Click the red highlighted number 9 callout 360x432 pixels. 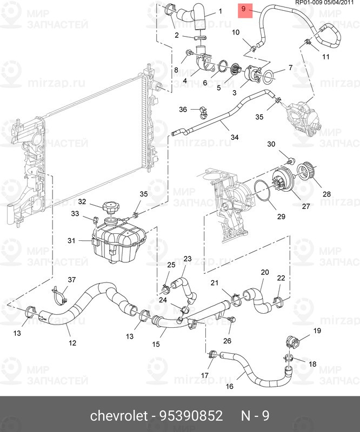tap(244, 9)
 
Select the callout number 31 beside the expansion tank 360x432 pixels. tap(71, 240)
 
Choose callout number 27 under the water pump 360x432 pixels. tap(306, 206)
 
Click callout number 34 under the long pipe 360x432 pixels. tap(234, 137)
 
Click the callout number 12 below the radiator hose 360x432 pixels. tap(72, 342)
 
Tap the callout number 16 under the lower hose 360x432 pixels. tap(229, 386)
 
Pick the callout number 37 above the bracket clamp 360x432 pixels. tap(71, 279)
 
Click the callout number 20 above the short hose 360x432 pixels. tap(265, 272)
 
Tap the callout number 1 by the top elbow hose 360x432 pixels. tap(220, 11)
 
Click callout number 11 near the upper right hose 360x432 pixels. tap(325, 57)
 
